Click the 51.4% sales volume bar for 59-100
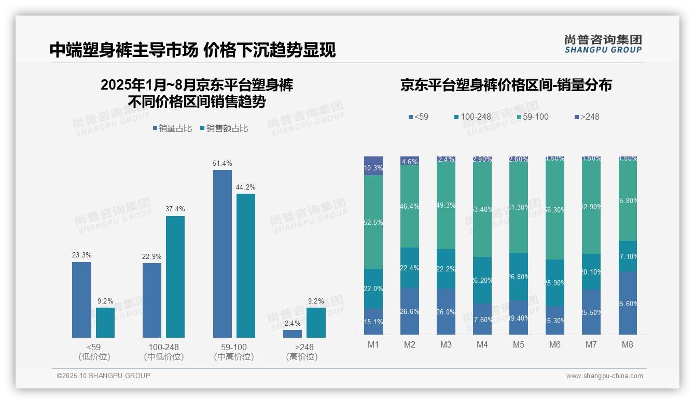[x=222, y=254]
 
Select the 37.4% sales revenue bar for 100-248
[x=175, y=277]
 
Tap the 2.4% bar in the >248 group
[x=293, y=334]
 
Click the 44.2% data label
[x=245, y=187]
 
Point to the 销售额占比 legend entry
[x=224, y=128]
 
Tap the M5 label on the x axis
[x=518, y=344]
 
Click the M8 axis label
[x=628, y=344]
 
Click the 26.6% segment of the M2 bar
[x=410, y=311]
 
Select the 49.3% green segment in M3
[x=446, y=206]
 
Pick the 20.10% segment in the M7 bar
[x=591, y=271]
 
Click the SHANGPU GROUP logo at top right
[x=603, y=44]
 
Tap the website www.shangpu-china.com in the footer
[x=604, y=376]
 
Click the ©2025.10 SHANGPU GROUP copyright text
[x=104, y=376]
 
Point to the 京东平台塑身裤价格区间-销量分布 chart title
[x=506, y=85]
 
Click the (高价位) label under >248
[x=301, y=357]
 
